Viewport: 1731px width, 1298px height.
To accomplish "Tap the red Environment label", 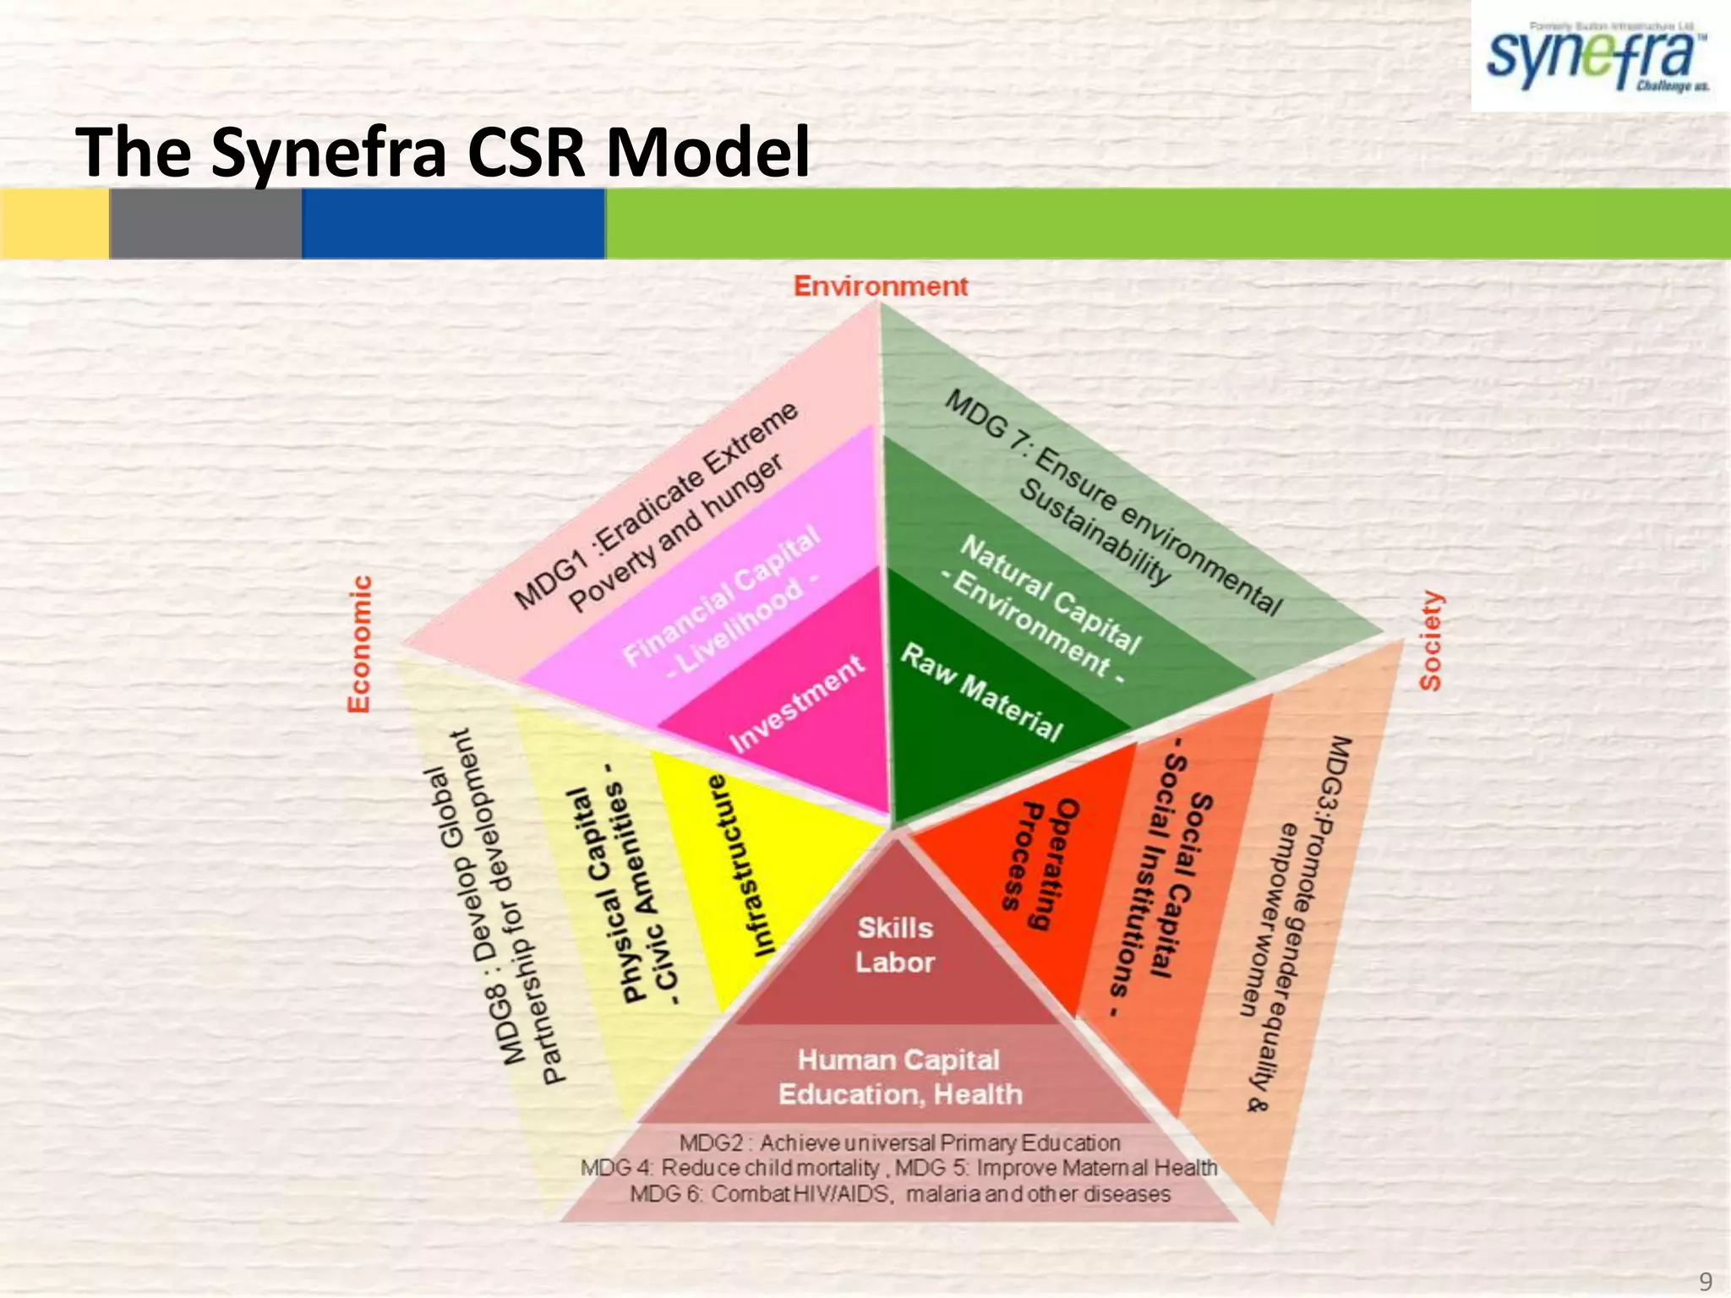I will pyautogui.click(x=880, y=286).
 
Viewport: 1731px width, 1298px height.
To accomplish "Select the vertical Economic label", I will pyautogui.click(x=360, y=644).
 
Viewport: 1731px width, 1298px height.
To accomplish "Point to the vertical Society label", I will pyautogui.click(x=1431, y=641).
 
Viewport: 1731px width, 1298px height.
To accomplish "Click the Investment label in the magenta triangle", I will pyautogui.click(x=796, y=703).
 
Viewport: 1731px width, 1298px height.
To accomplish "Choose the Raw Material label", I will pyautogui.click(x=980, y=692).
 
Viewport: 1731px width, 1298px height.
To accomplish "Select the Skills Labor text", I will pyautogui.click(x=894, y=945).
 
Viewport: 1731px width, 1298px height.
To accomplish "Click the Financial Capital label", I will pyautogui.click(x=721, y=599).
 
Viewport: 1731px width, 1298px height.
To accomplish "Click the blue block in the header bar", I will pyautogui.click(x=453, y=223).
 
